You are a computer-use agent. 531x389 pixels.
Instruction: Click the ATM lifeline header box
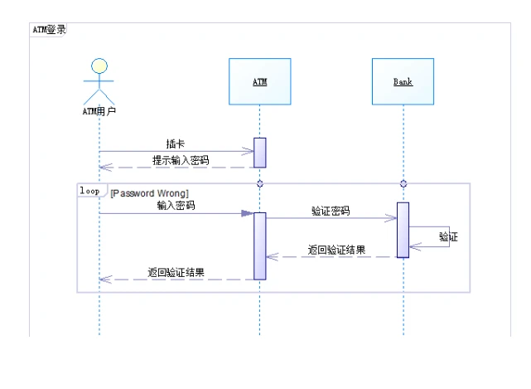tap(259, 81)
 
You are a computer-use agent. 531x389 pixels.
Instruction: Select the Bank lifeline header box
tap(403, 81)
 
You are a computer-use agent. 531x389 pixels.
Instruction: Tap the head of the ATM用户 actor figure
tap(99, 66)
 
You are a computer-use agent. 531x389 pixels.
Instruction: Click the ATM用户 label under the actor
tap(99, 110)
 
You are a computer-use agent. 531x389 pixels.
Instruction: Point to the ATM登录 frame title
tap(49, 29)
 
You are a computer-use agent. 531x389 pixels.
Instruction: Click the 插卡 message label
tap(176, 143)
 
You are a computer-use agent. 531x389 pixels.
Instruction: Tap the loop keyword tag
tap(89, 190)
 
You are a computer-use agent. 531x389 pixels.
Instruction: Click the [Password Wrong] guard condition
tap(149, 192)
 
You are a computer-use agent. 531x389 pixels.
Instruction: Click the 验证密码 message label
tap(330, 212)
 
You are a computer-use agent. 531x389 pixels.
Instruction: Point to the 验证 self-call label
tap(448, 237)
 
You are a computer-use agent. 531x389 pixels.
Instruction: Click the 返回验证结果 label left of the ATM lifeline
tap(176, 272)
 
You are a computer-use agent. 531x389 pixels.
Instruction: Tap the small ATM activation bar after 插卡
tap(259, 152)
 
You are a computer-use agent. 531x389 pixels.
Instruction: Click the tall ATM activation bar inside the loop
tap(259, 246)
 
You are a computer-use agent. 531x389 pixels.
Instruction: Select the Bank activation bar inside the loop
tap(403, 230)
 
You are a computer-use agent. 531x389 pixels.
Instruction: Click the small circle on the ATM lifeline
tap(259, 182)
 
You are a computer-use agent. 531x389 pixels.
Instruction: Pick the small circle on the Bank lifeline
tap(403, 182)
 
